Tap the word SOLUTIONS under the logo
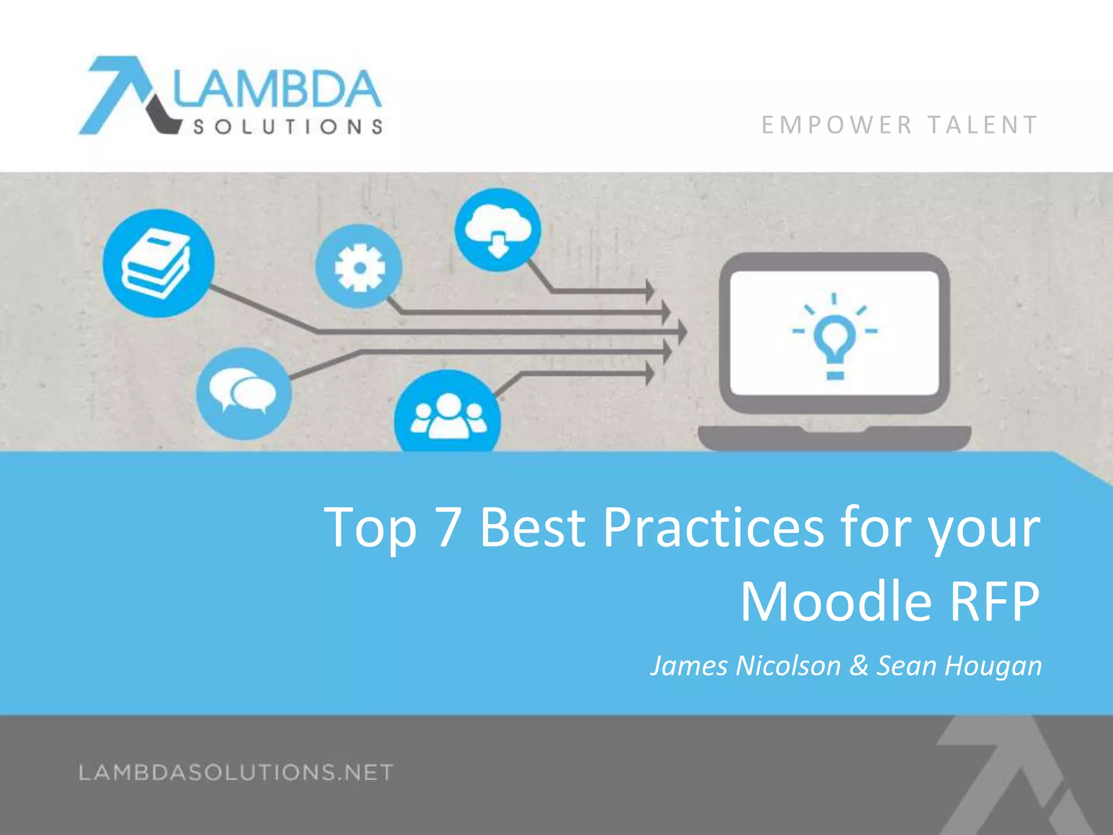point(288,127)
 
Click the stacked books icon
point(158,264)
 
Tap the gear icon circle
point(359,267)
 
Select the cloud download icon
point(498,230)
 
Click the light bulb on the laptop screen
point(835,340)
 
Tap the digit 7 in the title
point(448,527)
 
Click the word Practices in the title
point(713,527)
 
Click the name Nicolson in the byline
point(788,665)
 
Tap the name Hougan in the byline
point(993,665)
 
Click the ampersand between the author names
point(859,665)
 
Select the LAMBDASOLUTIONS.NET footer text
point(235,772)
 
